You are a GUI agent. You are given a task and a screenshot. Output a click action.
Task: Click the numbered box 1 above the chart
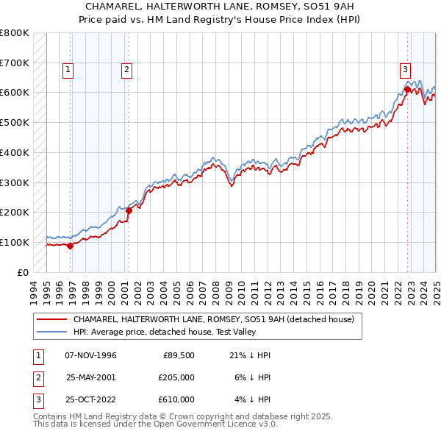click(x=68, y=70)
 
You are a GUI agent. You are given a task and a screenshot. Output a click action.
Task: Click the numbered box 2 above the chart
click(x=126, y=70)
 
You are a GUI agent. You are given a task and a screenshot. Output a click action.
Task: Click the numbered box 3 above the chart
click(x=405, y=70)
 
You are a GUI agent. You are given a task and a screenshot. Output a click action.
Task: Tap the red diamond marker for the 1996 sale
click(x=71, y=246)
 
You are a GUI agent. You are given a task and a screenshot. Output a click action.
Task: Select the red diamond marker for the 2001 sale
click(x=129, y=210)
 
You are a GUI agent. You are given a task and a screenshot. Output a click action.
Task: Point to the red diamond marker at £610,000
click(x=407, y=89)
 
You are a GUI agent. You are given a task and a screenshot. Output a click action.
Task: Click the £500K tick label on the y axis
click(x=15, y=122)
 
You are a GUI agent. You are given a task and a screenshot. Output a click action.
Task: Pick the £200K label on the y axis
click(x=15, y=212)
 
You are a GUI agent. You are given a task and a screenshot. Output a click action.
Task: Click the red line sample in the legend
click(x=52, y=319)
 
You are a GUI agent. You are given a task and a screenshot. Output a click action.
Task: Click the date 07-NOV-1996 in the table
click(x=91, y=355)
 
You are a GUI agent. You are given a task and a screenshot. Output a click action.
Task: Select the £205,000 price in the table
click(x=176, y=377)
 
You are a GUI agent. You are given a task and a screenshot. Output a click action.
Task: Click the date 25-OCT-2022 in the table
click(x=91, y=399)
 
